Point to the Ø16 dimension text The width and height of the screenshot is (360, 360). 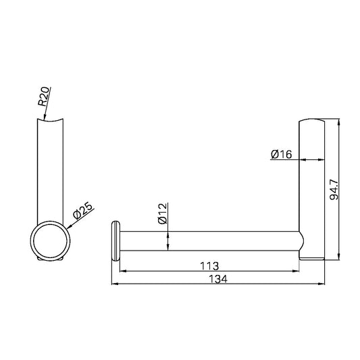pyautogui.click(x=280, y=155)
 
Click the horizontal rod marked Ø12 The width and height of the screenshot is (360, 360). pyautogui.click(x=209, y=241)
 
